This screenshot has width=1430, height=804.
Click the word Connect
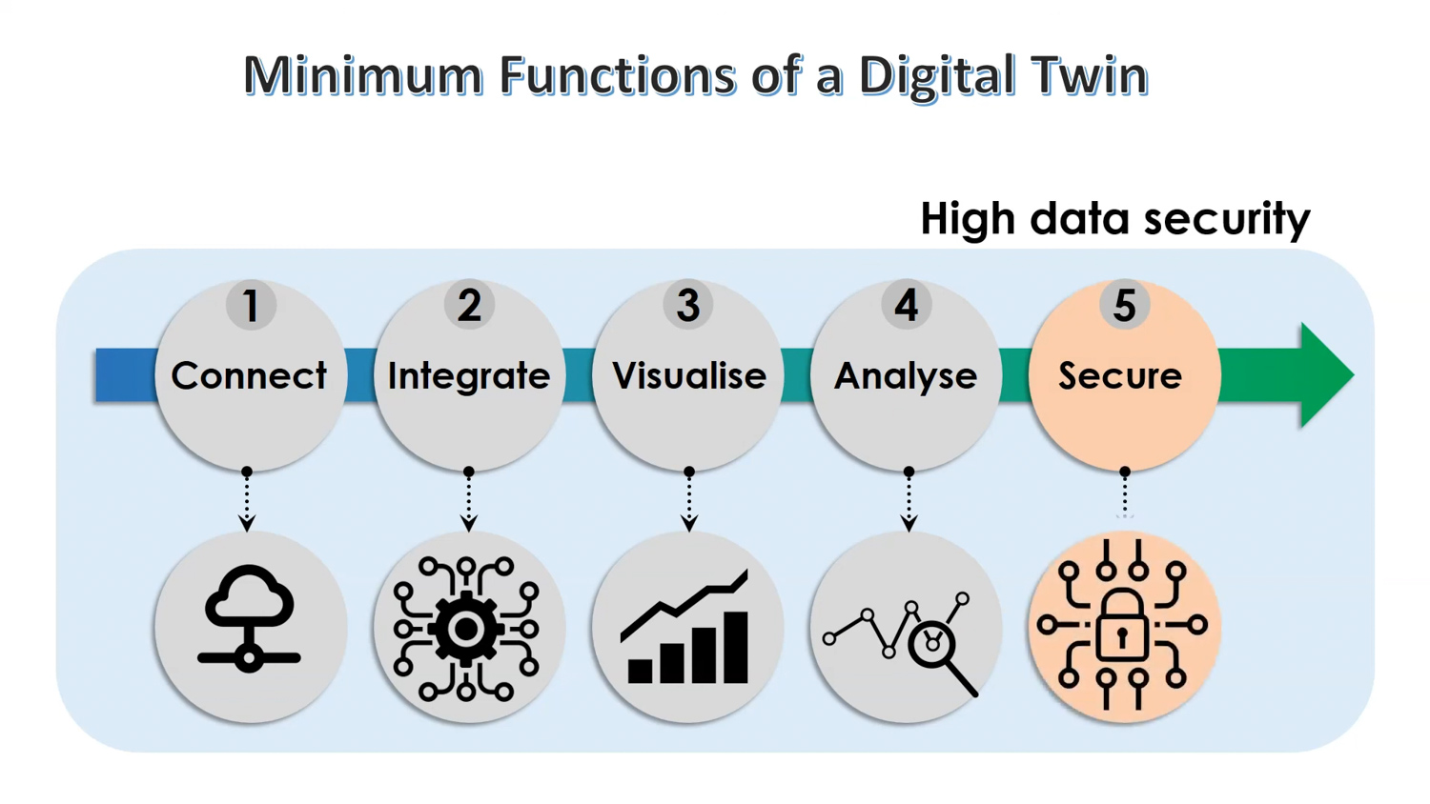pyautogui.click(x=249, y=375)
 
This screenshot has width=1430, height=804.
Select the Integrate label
pyautogui.click(x=469, y=376)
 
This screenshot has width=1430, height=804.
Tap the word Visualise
pyautogui.click(x=689, y=375)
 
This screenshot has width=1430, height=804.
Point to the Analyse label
pyautogui.click(x=906, y=376)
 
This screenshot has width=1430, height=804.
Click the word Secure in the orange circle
pyautogui.click(x=1120, y=376)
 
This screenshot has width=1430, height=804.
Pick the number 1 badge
pyautogui.click(x=251, y=305)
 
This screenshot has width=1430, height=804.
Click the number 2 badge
pyautogui.click(x=469, y=305)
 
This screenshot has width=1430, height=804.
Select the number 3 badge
pyautogui.click(x=687, y=305)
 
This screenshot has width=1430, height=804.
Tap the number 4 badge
pyautogui.click(x=907, y=305)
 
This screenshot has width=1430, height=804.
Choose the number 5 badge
pyautogui.click(x=1125, y=305)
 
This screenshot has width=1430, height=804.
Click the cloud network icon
pyautogui.click(x=249, y=618)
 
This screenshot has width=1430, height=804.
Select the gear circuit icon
pyautogui.click(x=466, y=629)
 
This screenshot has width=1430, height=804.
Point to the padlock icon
pyautogui.click(x=1122, y=626)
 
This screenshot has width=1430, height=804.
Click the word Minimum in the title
pyautogui.click(x=362, y=76)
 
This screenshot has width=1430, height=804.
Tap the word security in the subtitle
pyautogui.click(x=1227, y=219)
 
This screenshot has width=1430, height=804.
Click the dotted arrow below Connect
pyautogui.click(x=247, y=499)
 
